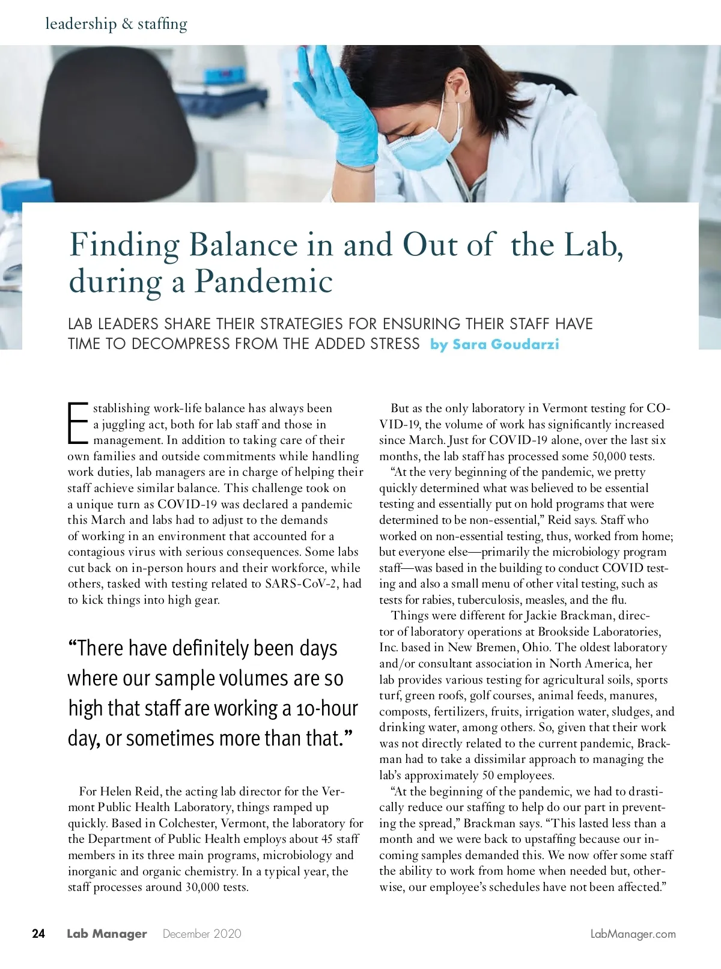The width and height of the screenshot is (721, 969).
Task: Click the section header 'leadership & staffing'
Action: point(116,24)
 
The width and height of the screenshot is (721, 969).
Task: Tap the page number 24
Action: point(38,934)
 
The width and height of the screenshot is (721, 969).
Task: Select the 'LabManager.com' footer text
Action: point(633,934)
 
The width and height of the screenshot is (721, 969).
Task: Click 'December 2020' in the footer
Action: point(202,934)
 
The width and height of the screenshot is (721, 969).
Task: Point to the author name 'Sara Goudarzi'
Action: point(505,344)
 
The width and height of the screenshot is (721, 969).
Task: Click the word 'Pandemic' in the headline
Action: point(264,281)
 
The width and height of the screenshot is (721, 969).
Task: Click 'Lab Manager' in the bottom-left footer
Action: point(106,934)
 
